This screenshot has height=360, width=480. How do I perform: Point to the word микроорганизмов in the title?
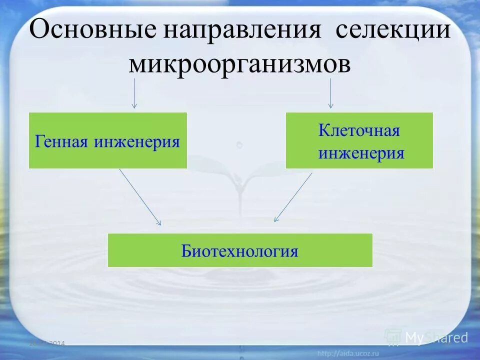pyautogui.click(x=239, y=64)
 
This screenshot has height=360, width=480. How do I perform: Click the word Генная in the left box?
pyautogui.click(x=62, y=141)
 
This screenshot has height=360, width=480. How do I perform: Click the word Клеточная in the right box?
pyautogui.click(x=359, y=131)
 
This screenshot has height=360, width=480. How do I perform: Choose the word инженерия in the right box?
pyautogui.click(x=361, y=152)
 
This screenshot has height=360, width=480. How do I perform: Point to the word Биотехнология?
pyautogui.click(x=239, y=250)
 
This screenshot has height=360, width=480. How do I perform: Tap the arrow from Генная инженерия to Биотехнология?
pyautogui.click(x=140, y=197)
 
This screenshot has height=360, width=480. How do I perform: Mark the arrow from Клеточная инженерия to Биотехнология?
pyautogui.click(x=293, y=197)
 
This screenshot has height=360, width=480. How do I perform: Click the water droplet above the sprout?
pyautogui.click(x=239, y=144)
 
